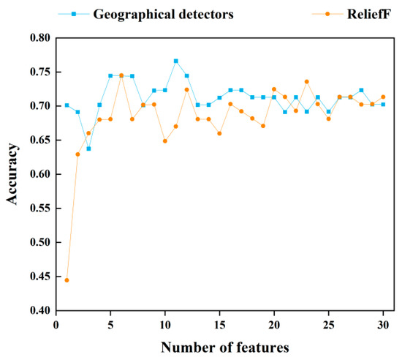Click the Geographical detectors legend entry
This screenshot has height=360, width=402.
coord(163,14)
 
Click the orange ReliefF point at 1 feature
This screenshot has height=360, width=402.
coord(67,280)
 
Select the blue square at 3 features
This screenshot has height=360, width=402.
coord(88,149)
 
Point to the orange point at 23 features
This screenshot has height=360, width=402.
coord(307,81)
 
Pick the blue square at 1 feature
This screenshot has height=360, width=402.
coord(67,105)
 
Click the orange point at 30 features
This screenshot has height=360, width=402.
coord(383,97)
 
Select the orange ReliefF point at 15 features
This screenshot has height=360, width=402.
coord(219,133)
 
